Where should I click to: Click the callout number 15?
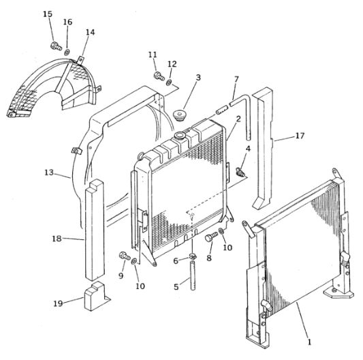[x=48, y=14]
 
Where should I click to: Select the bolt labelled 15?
[x=56, y=46]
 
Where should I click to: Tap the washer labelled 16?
[x=67, y=52]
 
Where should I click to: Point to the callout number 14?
[x=90, y=32]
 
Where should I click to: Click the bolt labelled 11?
[x=159, y=76]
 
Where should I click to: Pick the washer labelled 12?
[x=170, y=82]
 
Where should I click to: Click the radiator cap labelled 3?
[x=180, y=115]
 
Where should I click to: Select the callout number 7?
[x=236, y=80]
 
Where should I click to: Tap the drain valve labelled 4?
[x=240, y=172]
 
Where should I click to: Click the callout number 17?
[x=300, y=136]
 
